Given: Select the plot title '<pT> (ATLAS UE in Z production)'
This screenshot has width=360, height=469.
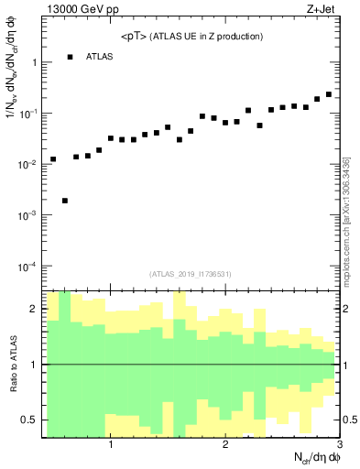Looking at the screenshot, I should tap(192, 37).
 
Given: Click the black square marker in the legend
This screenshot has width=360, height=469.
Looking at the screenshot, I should tap(70, 57).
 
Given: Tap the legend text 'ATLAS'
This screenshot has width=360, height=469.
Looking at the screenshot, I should tap(100, 57).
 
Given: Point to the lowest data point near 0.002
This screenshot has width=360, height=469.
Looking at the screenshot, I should tap(64, 201).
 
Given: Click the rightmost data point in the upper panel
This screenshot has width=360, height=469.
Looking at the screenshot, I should tap(329, 94).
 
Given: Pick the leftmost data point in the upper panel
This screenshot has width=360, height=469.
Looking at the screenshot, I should tap(53, 159).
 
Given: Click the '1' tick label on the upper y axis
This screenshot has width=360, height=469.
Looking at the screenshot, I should tap(34, 62).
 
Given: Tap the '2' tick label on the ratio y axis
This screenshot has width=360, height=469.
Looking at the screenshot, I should tap(34, 310).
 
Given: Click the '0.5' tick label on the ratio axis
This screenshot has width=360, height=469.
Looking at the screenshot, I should tap(29, 420).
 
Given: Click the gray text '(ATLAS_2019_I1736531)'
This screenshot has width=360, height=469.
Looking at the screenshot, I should tap(191, 274).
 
